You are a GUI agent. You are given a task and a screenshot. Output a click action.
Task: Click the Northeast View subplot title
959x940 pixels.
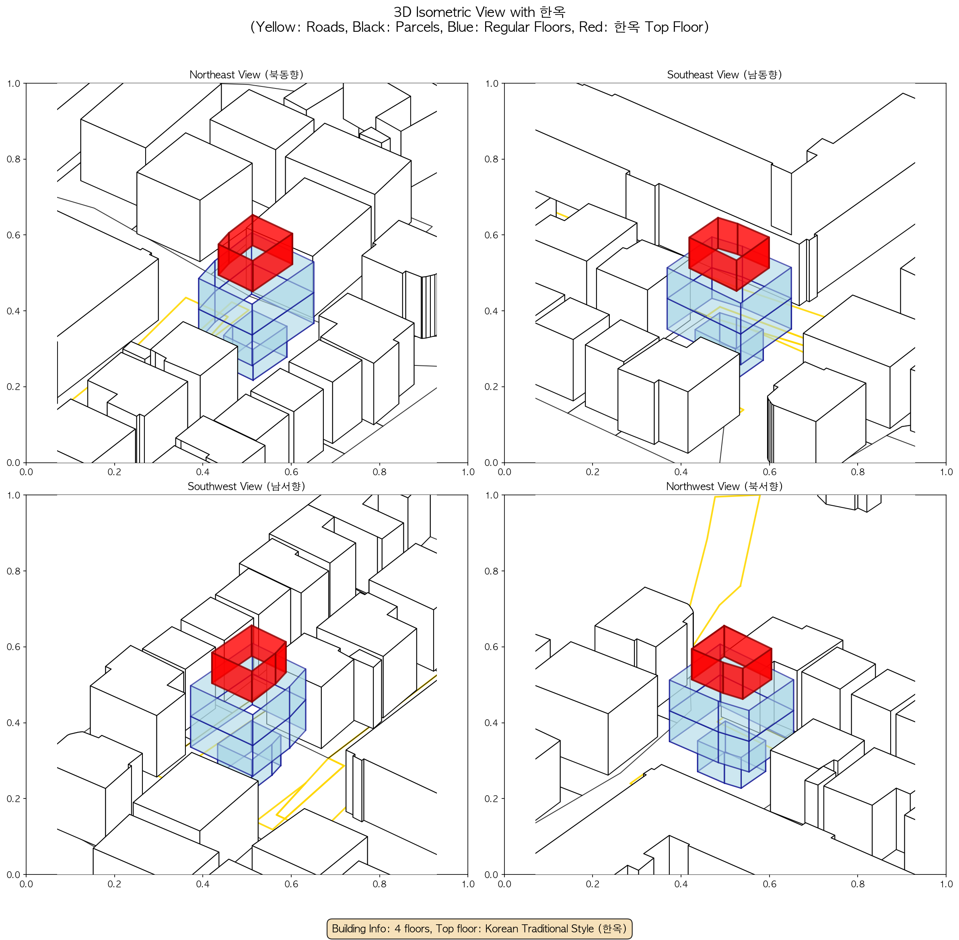(x=247, y=74)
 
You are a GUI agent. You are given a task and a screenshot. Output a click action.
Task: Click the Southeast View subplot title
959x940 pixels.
(x=725, y=74)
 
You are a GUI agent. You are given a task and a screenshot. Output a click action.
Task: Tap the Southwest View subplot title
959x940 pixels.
(x=247, y=486)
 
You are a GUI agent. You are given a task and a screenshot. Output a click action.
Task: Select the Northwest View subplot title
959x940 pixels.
(x=725, y=486)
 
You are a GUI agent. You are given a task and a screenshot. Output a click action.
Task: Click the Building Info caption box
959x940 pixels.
(x=479, y=928)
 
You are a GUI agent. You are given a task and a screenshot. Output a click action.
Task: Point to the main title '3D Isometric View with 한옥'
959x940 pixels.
(x=479, y=12)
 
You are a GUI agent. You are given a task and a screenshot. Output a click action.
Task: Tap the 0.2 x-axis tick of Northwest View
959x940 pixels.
(x=593, y=884)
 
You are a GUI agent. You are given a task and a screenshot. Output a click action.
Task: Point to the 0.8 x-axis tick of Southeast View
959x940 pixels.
(x=858, y=472)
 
